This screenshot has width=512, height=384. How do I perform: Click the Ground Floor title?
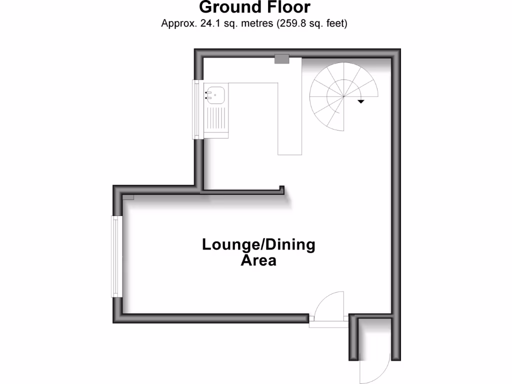[x=255, y=7]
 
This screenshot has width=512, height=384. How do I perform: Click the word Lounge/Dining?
[x=258, y=245]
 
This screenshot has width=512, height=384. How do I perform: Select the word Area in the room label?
[x=258, y=260]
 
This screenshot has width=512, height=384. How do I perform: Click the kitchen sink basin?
[x=216, y=93]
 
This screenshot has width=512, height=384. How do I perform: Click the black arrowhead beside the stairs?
[x=360, y=101]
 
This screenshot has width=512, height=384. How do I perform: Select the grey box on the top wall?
[x=282, y=59]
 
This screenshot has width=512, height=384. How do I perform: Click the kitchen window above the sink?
[x=198, y=109]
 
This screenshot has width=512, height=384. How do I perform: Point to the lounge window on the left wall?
[x=116, y=256]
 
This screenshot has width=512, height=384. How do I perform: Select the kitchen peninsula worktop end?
[x=290, y=147]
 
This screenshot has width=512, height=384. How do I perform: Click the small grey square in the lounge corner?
[x=128, y=197]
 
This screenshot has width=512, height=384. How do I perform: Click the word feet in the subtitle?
[x=334, y=23]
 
